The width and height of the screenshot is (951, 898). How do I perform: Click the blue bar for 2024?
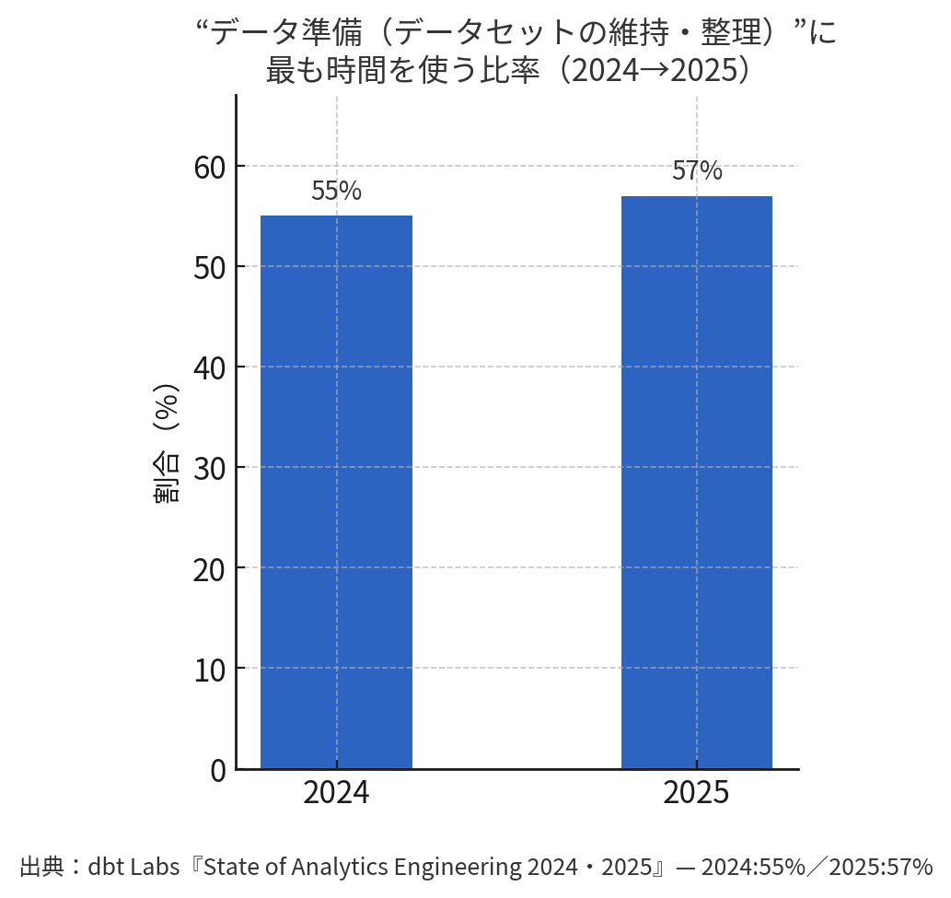[x=336, y=492]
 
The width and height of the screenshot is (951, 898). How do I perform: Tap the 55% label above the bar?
[x=336, y=192]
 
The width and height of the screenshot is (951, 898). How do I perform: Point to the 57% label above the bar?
[x=697, y=171]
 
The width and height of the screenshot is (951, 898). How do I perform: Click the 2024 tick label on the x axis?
[x=336, y=793]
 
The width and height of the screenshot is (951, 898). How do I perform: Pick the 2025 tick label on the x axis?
[x=696, y=793]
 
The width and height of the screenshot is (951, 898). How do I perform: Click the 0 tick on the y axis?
[x=217, y=770]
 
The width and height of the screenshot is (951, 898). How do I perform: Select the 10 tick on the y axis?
[x=210, y=670]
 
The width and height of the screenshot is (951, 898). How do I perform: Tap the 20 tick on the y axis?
[x=210, y=569]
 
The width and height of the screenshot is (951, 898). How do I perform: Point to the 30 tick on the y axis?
[x=210, y=469]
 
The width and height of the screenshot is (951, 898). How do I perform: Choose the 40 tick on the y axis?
[x=210, y=368]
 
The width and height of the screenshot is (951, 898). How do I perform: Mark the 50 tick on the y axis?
[x=210, y=268]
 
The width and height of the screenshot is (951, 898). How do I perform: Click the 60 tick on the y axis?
[x=210, y=168]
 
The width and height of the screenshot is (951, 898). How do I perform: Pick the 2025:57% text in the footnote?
[x=881, y=867]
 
